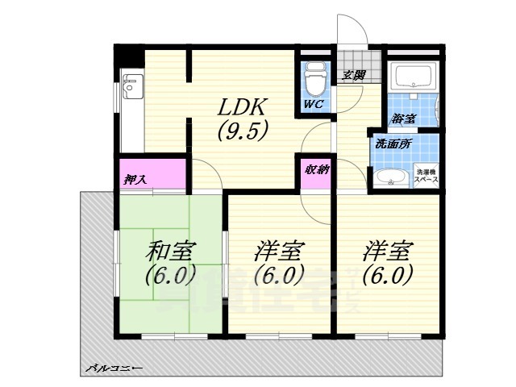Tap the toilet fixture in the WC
pos(314,81)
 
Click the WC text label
pos(313,105)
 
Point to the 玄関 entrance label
pos(353,75)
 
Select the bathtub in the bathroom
pos(413,77)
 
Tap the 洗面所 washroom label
pos(393,144)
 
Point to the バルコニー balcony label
pos(114,368)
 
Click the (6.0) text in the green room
pos(170,275)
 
